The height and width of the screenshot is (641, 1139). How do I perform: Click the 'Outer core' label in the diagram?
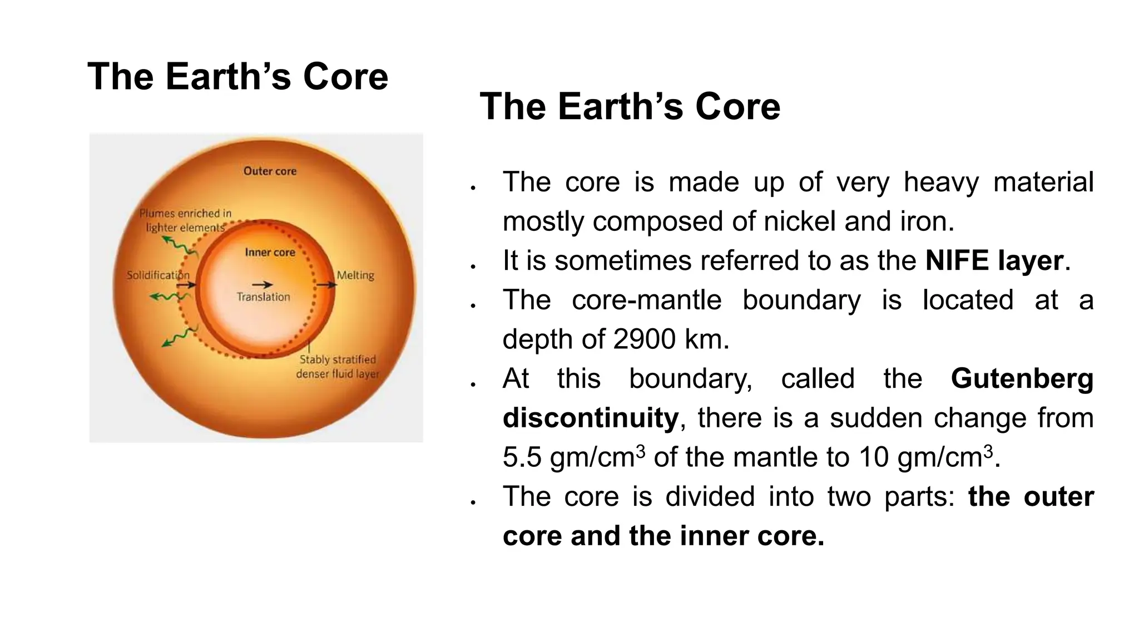point(270,171)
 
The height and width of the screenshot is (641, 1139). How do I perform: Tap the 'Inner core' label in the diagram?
point(270,252)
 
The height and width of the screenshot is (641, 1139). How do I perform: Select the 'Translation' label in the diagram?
point(263,297)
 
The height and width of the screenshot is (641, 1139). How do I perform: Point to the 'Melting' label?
point(355,275)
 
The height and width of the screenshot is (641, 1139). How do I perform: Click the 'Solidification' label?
point(158,275)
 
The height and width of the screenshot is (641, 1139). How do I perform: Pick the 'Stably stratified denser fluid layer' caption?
point(338,367)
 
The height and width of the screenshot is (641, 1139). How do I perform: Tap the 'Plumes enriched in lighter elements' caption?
point(185,220)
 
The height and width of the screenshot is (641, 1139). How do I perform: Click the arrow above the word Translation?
point(263,285)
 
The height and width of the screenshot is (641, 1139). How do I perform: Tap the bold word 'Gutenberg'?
point(1022,378)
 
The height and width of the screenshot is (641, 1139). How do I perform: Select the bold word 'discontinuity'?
point(590,418)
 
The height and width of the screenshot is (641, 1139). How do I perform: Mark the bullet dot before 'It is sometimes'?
point(473,267)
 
